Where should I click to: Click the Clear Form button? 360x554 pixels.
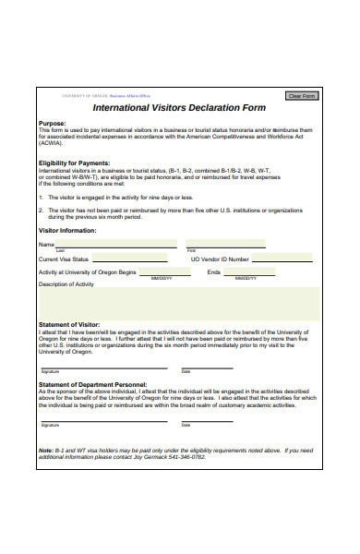[302, 95]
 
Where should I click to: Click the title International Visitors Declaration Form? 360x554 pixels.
[180, 107]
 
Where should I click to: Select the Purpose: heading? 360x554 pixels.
[52, 123]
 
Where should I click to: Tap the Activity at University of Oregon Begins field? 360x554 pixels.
[161, 272]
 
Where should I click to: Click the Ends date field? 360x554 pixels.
[248, 272]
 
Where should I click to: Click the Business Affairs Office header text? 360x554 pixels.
[130, 95]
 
